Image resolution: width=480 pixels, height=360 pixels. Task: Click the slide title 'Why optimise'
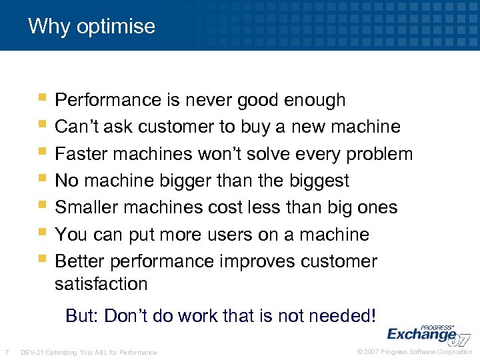pyautogui.click(x=91, y=27)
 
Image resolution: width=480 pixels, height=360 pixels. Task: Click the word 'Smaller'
pyautogui.click(x=86, y=207)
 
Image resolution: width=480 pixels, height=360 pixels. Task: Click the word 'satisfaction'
pyautogui.click(x=101, y=284)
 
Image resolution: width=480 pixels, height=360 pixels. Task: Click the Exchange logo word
pyautogui.click(x=421, y=334)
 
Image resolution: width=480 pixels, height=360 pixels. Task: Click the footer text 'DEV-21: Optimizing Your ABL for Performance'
pyautogui.click(x=89, y=352)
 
